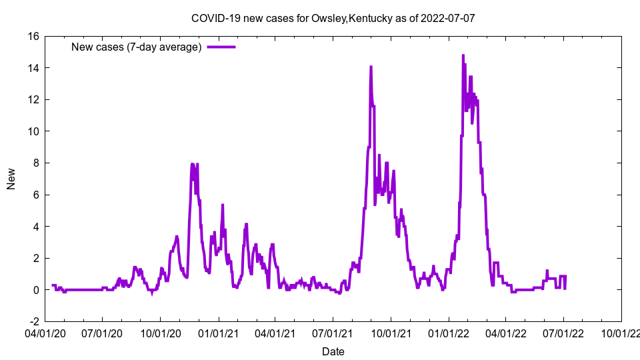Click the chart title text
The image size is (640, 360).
333,18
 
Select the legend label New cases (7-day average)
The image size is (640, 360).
136,47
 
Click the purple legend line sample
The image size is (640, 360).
221,47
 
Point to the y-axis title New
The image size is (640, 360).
11,179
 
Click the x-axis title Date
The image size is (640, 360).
333,351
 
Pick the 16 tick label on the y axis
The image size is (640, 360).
33,37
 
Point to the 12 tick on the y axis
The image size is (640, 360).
33,100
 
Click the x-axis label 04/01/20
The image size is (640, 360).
45,331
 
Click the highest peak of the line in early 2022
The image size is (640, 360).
463,55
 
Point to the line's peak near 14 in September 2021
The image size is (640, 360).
371,67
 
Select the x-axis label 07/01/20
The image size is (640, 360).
102,331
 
